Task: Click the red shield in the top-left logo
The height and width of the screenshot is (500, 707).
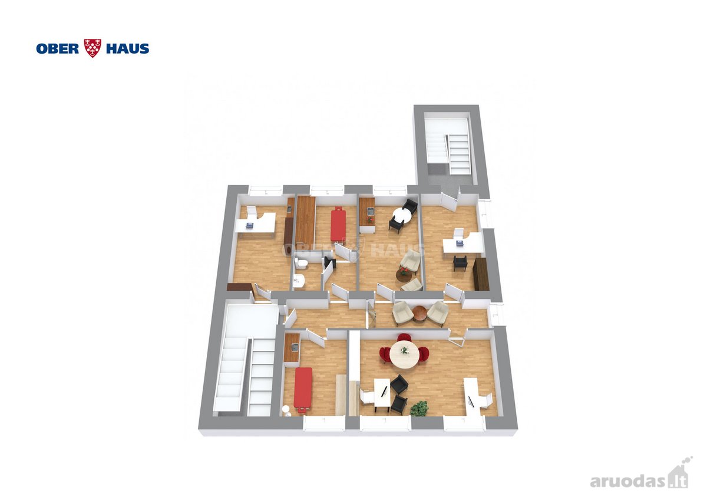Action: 92,48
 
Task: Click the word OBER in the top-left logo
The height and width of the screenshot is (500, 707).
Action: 58,48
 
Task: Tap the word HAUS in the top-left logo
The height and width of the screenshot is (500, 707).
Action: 127,48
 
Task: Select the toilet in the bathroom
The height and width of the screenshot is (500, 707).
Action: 300,263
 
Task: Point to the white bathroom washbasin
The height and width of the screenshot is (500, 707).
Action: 298,281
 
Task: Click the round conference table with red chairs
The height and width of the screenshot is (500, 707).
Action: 404,354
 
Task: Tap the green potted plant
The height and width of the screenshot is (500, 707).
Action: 419,409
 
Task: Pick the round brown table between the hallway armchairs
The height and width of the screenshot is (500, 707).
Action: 419,313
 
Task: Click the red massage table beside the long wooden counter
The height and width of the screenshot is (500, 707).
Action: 339,223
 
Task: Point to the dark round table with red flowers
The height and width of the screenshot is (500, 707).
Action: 404,275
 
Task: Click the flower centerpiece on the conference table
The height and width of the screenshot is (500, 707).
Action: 404,350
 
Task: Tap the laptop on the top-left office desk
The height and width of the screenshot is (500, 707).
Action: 250,225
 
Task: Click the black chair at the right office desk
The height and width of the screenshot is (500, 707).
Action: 460,263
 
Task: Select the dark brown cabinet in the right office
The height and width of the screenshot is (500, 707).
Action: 481,274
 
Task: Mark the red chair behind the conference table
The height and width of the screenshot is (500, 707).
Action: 404,337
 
